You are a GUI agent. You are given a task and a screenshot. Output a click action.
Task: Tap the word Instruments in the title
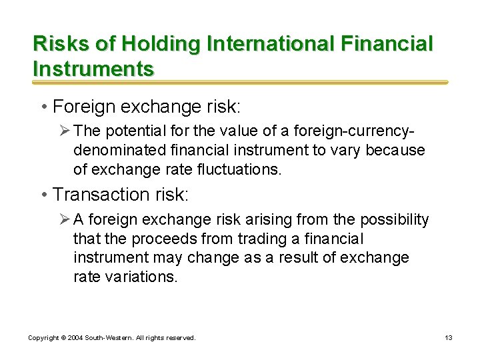[x=93, y=68]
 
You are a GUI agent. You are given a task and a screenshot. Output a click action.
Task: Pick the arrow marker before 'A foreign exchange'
[x=65, y=220]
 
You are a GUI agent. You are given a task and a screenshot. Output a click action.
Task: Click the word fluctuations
[x=241, y=170]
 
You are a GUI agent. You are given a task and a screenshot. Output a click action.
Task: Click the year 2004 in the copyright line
[x=74, y=338]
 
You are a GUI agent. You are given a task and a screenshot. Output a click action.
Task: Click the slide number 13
[x=449, y=338]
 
